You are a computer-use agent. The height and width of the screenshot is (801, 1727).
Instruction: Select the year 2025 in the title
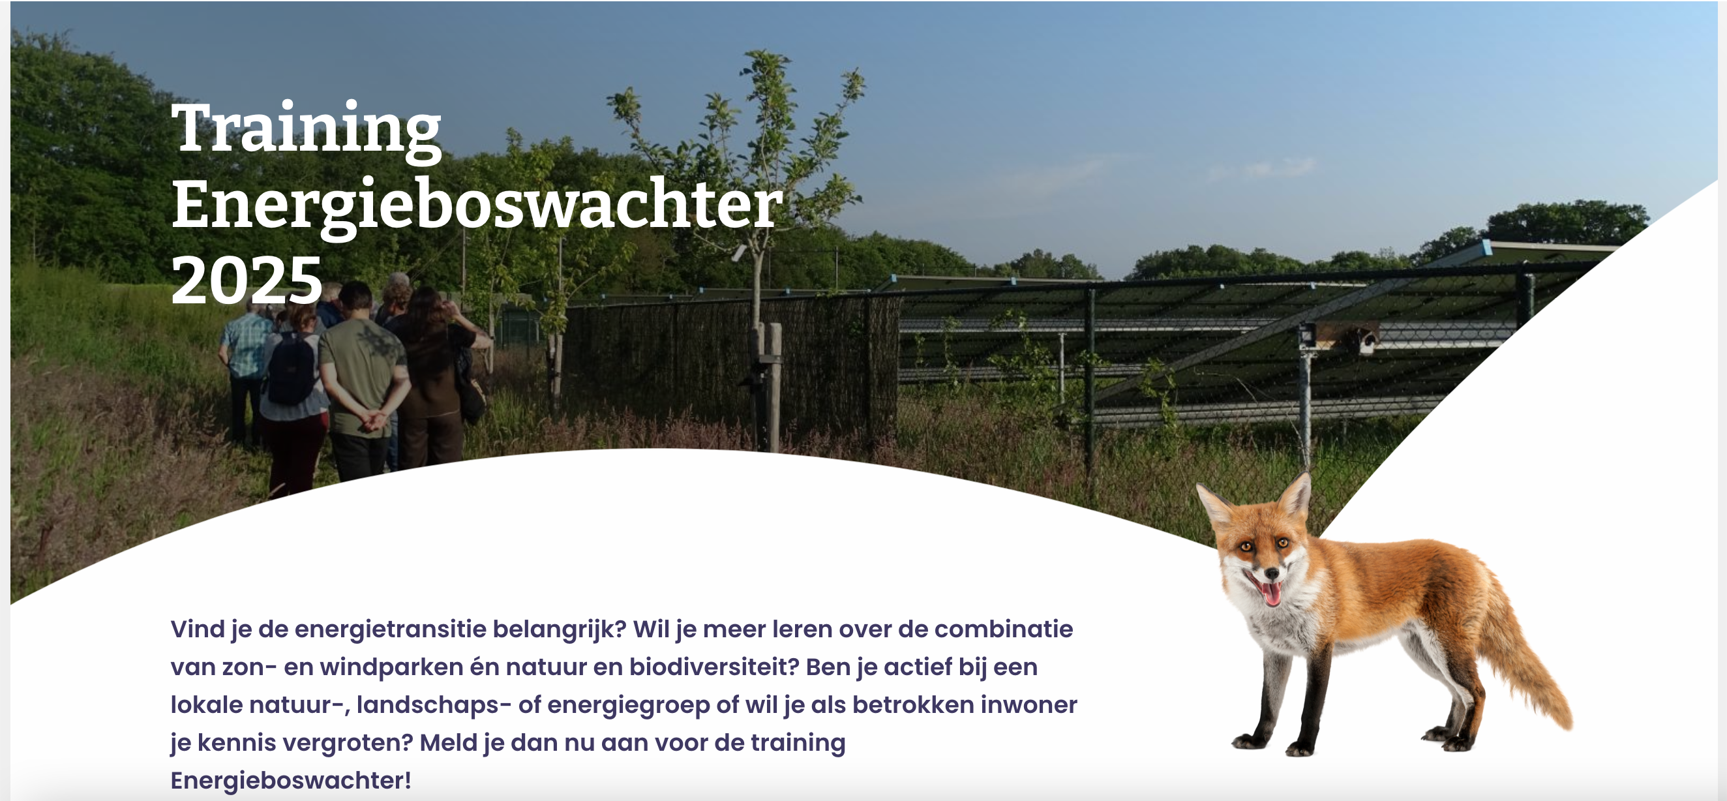(247, 280)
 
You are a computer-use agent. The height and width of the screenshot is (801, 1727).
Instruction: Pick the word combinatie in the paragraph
(1004, 629)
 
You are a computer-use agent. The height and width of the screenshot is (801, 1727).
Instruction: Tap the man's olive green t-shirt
(363, 375)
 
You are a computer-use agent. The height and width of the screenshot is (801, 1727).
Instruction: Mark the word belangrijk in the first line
(559, 630)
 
